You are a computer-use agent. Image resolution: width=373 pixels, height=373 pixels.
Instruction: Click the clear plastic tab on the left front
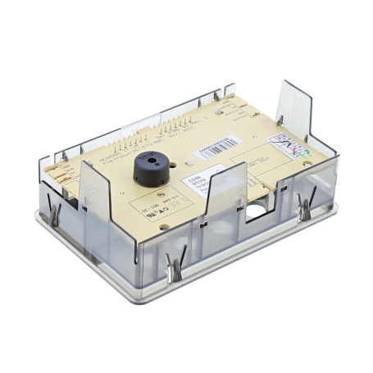coord(96,193)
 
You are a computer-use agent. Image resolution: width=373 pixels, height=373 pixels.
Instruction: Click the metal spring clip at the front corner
coord(174,266)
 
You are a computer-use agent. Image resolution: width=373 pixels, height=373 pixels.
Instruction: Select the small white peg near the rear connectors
coord(216,97)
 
